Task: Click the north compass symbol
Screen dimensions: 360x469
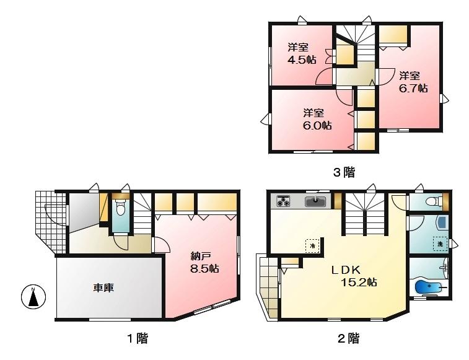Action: (x=34, y=298)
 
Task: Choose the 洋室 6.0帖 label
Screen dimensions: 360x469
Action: (x=317, y=119)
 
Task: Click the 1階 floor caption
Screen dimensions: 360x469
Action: (x=137, y=338)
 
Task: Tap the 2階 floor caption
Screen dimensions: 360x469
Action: (x=348, y=338)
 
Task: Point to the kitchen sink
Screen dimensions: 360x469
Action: (x=317, y=201)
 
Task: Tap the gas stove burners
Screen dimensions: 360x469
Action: (x=284, y=201)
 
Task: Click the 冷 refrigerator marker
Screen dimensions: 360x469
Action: (x=313, y=245)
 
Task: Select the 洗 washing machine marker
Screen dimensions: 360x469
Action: (x=440, y=244)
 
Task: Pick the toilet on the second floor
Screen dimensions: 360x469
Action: (x=436, y=201)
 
